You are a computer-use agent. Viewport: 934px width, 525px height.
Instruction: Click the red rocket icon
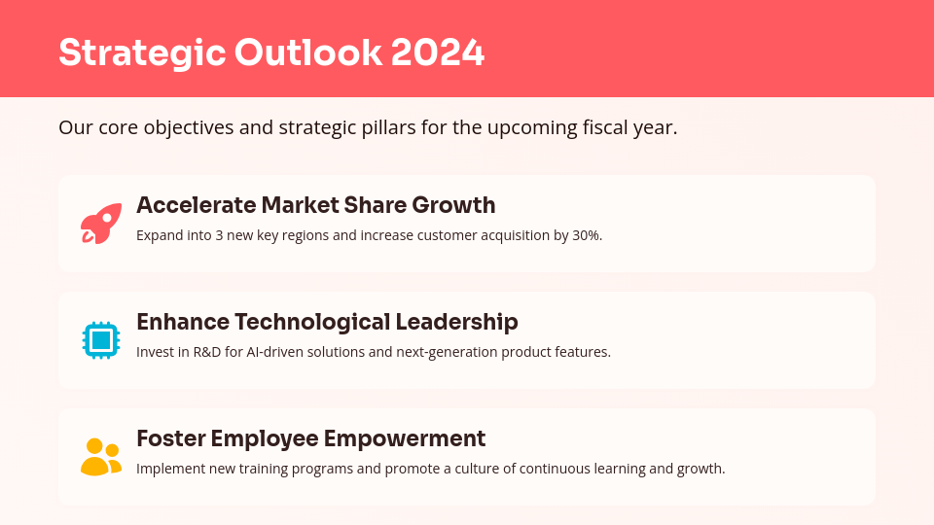[x=101, y=224]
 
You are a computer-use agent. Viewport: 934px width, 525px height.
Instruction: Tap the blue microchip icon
[x=101, y=340]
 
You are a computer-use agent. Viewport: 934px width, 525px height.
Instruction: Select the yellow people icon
[x=101, y=457]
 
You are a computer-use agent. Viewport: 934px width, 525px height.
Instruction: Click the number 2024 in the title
[x=437, y=52]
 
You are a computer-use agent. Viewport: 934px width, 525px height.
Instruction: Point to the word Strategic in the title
[x=138, y=52]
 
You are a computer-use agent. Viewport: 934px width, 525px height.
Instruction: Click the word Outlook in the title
[x=308, y=52]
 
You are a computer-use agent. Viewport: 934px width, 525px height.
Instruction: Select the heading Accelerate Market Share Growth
[x=315, y=205]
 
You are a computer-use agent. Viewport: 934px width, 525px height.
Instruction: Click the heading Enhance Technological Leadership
[x=327, y=322]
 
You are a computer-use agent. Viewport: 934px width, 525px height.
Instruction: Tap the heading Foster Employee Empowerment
[x=310, y=438]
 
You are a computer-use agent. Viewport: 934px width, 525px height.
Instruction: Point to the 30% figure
[x=587, y=235]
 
